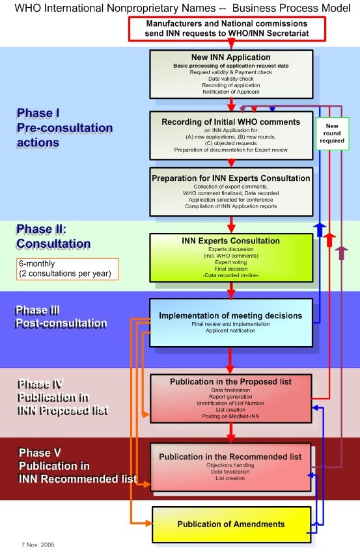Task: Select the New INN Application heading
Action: pos(230,57)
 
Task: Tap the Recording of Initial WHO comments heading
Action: pos(230,122)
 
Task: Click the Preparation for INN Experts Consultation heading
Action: pos(230,178)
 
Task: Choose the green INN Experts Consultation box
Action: pos(230,258)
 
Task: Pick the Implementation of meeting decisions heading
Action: pos(230,316)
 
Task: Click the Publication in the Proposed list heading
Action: pos(230,381)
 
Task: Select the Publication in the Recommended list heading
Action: pos(230,457)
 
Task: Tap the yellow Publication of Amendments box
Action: pos(231,524)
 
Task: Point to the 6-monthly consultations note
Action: pos(68,269)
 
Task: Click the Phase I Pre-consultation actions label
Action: pos(57,127)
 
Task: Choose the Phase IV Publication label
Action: pos(62,397)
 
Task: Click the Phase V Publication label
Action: pos(77,466)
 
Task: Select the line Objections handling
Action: pos(230,466)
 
